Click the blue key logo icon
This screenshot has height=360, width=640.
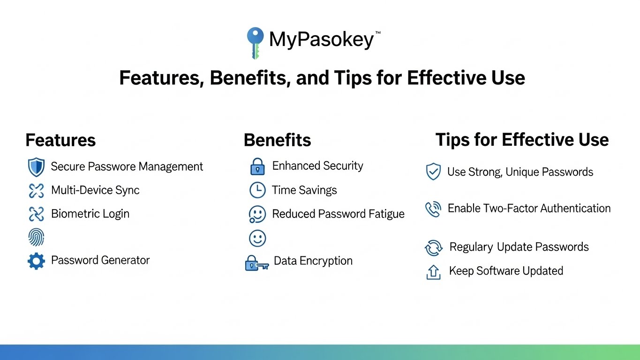[x=255, y=43]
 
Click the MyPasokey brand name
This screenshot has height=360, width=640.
[x=322, y=39]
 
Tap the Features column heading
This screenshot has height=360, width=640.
[x=60, y=140]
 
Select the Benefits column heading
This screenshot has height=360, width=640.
[x=277, y=140]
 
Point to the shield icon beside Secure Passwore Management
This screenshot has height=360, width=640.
[x=36, y=167]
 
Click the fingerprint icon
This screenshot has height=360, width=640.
[x=36, y=237]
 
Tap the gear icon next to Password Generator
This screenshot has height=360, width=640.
[x=36, y=261]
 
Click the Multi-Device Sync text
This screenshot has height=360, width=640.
[x=95, y=190]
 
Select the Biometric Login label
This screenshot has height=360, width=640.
[x=90, y=214]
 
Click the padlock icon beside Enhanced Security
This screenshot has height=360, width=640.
[x=257, y=166]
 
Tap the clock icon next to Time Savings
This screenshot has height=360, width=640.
[x=257, y=190]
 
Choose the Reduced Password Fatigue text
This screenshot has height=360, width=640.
[x=339, y=214]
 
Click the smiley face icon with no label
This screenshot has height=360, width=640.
[x=257, y=238]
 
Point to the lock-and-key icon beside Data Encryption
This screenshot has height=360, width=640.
[x=257, y=263]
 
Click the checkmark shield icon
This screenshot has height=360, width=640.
[x=433, y=172]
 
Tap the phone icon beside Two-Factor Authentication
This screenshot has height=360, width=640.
[x=433, y=210]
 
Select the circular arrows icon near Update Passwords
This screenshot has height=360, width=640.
[x=433, y=247]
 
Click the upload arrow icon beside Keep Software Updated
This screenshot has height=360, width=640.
[x=433, y=272]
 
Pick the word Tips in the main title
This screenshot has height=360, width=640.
[x=353, y=78]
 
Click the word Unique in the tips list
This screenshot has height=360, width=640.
[x=523, y=172]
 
